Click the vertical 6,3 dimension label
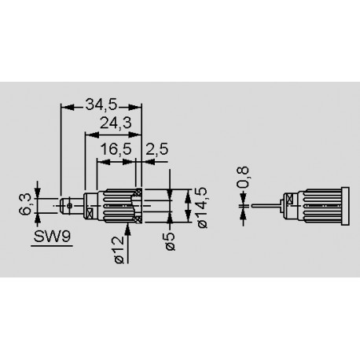(27, 204)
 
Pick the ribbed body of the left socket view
(115, 206)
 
